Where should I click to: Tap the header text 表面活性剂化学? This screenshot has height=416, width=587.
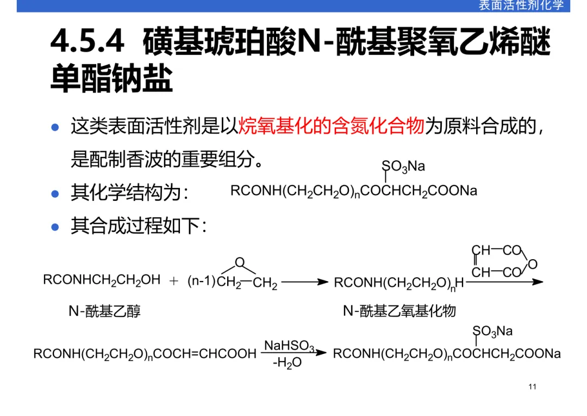pos(521,5)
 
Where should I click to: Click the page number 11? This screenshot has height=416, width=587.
pos(532,387)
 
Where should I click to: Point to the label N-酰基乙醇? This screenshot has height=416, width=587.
pos(104,311)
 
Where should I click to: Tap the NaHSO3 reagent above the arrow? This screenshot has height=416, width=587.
pos(289,346)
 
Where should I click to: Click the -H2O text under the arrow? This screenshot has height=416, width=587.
pos(286,362)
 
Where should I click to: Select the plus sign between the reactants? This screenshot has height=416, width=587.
pos(174,281)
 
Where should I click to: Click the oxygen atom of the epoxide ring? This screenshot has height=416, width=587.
pos(239,263)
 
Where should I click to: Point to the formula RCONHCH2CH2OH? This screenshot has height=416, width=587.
pos(102,280)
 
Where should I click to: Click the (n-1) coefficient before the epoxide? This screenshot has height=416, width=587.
pos(202,282)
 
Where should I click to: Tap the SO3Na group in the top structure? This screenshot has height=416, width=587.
pos(403,167)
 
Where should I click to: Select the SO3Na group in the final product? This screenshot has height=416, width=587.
pos(492,331)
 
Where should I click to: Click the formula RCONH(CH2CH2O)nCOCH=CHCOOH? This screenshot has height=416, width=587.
pos(145,354)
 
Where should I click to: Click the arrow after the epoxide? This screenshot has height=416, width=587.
pos(304,282)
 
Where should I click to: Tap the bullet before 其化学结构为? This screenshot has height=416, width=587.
pos(54,193)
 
